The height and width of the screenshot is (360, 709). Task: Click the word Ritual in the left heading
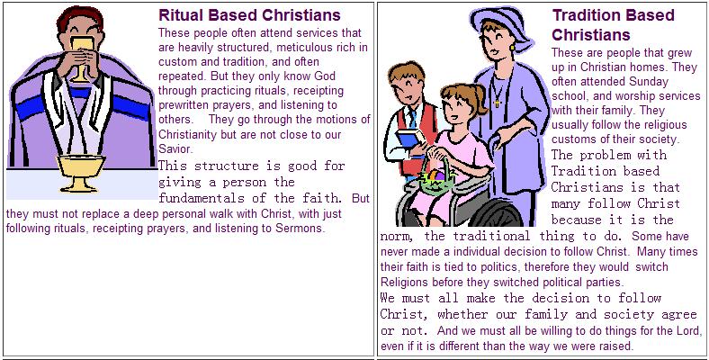(x=179, y=15)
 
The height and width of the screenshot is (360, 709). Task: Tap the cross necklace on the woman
(x=496, y=102)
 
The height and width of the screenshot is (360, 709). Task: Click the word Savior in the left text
(x=175, y=147)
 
